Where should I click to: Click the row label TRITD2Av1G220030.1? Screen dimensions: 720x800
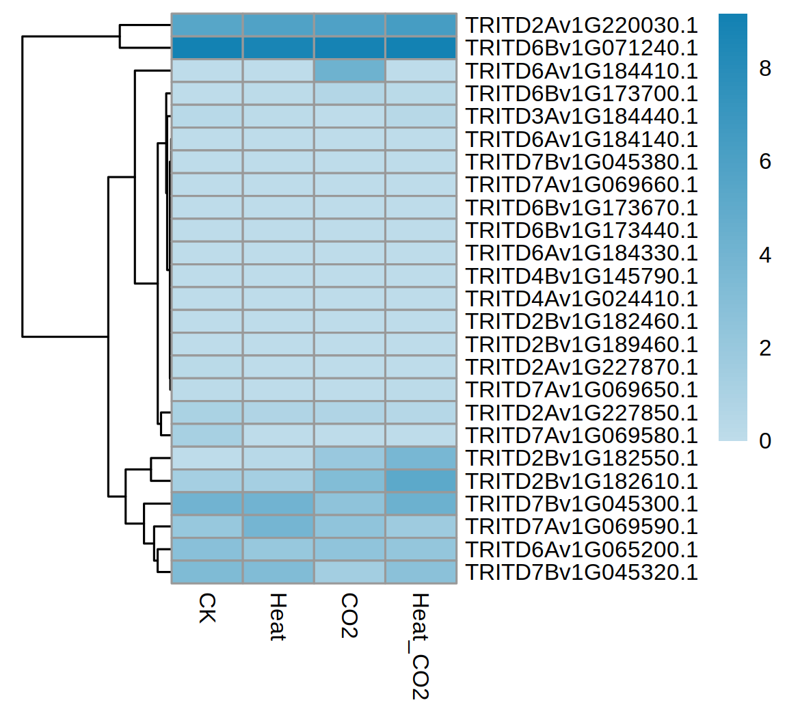[581, 25]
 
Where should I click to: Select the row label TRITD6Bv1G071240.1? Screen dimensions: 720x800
[581, 48]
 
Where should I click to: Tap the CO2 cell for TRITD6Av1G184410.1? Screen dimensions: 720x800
[349, 71]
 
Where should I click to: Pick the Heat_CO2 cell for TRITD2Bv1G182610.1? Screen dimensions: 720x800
[421, 481]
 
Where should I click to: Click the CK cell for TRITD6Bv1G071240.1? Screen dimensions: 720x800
[206, 48]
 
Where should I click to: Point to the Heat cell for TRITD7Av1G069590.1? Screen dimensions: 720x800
[278, 526]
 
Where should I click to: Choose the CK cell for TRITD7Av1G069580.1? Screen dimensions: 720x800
[206, 436]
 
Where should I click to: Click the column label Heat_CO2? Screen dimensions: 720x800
[420, 646]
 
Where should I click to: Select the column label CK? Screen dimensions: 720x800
[206, 608]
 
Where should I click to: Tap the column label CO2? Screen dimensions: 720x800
[349, 615]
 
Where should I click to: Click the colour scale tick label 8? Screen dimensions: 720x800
[765, 68]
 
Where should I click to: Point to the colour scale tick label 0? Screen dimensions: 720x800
[765, 441]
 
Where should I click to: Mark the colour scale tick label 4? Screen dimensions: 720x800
[765, 255]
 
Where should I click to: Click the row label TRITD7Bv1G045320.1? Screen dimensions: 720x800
[581, 572]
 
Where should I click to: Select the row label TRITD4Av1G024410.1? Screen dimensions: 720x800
[581, 299]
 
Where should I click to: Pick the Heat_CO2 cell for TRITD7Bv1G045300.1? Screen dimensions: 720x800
[421, 504]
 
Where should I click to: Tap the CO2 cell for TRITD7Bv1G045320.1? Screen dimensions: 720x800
[349, 572]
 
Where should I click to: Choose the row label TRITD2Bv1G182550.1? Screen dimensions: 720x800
[581, 458]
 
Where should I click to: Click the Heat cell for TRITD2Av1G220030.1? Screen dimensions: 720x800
[278, 25]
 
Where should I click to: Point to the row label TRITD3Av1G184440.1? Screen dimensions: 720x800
[581, 116]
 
